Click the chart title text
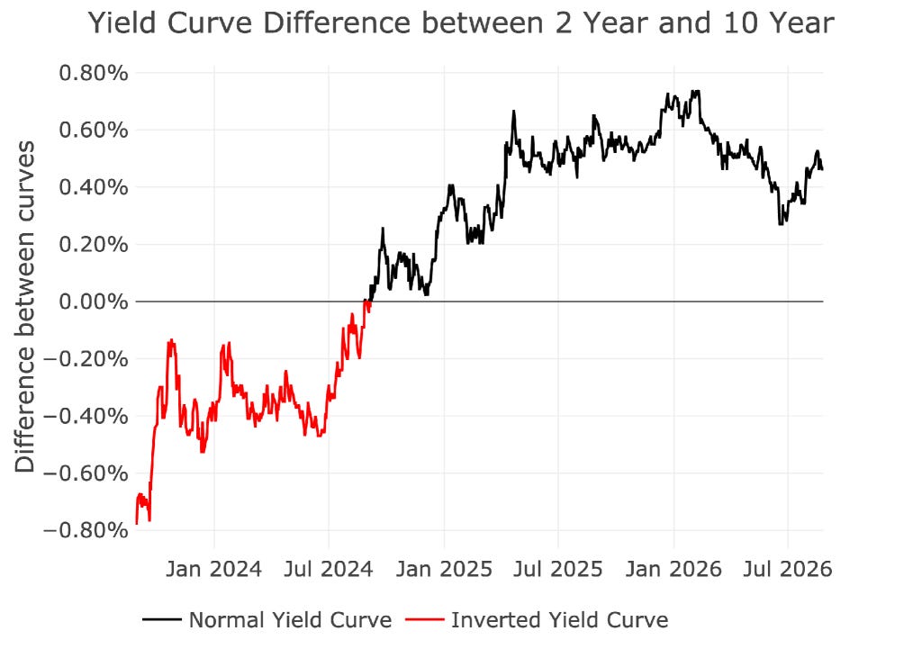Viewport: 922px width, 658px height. (x=461, y=23)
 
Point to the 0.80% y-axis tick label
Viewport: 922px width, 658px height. (x=94, y=74)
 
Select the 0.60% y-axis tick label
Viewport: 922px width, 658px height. (x=94, y=130)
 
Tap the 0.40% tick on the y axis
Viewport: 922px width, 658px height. (x=94, y=187)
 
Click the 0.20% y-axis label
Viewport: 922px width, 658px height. (x=94, y=244)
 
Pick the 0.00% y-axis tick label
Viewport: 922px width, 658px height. (x=94, y=302)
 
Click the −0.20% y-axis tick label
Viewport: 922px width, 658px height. (x=86, y=358)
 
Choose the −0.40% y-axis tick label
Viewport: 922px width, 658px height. (x=86, y=417)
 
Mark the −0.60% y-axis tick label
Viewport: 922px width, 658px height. (x=86, y=473)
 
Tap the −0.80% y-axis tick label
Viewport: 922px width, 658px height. (x=86, y=530)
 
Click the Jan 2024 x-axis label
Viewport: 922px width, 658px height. (x=214, y=569)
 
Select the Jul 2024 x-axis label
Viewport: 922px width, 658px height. (x=329, y=569)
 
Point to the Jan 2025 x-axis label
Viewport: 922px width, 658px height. (x=444, y=569)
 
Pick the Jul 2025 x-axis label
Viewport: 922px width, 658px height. (x=558, y=569)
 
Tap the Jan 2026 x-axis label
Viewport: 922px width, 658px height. (x=673, y=569)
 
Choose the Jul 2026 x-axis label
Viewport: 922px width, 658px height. (x=787, y=569)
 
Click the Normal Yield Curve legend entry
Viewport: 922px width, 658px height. (x=267, y=620)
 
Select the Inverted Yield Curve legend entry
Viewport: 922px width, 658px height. (x=537, y=620)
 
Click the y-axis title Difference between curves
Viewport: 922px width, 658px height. (x=24, y=306)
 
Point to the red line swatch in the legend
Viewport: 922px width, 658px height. (x=425, y=620)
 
